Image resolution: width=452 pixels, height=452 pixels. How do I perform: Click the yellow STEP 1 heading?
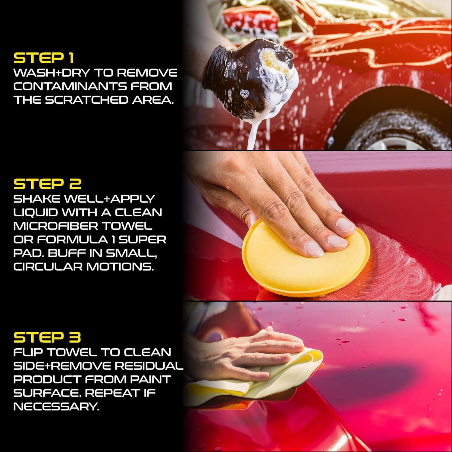click(44, 58)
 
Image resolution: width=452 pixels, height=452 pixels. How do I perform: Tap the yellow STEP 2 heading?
click(47, 184)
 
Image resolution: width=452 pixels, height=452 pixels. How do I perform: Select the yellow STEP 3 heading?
click(47, 337)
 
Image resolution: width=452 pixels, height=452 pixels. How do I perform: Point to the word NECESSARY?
click(56, 406)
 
